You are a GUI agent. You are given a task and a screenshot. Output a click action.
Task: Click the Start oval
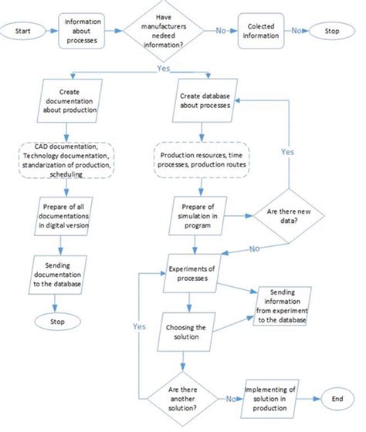[x=24, y=32]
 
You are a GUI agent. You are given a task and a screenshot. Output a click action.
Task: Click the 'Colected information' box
[x=263, y=32]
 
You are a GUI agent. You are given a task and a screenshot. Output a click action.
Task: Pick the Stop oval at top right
[x=332, y=32]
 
